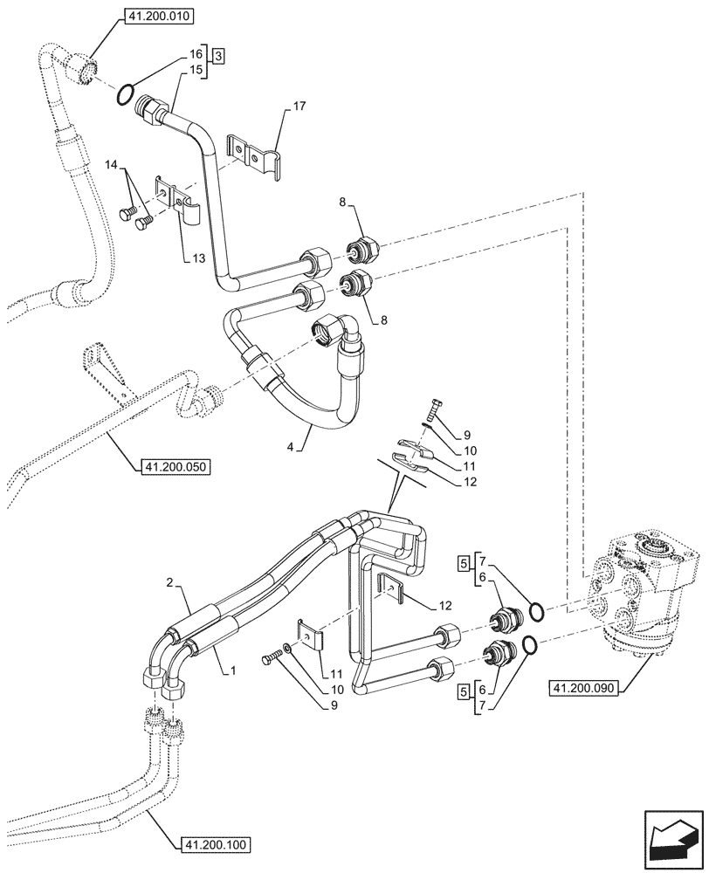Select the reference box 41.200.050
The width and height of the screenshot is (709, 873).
(x=176, y=468)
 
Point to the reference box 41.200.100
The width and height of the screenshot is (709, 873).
(x=216, y=845)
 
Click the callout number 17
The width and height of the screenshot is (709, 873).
(x=299, y=107)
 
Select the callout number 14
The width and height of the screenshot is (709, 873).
(x=112, y=164)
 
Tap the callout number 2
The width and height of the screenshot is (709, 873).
(x=170, y=582)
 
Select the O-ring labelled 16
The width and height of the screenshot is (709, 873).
(x=126, y=91)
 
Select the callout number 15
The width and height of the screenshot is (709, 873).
(x=196, y=68)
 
